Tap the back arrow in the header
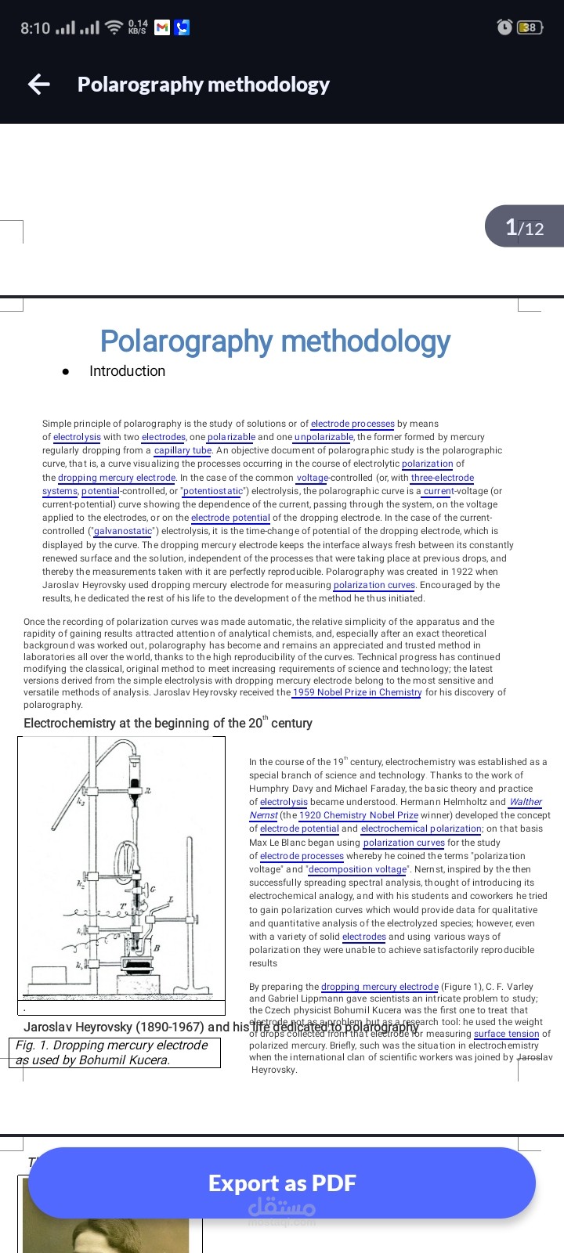pos(38,85)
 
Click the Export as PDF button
pos(282,1183)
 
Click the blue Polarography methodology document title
pos(275,341)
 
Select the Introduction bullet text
pos(127,371)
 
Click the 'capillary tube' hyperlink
pos(183,450)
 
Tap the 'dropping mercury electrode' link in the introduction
pos(117,478)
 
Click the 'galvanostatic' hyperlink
pos(122,531)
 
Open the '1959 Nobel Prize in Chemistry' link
pos(356,692)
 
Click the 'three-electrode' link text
pos(443,478)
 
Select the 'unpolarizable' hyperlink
pos(324,437)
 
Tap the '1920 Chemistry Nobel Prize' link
pos(358,815)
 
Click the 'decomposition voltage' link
pos(358,869)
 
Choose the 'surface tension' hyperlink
pos(506,1034)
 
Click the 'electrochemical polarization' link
pos(421,829)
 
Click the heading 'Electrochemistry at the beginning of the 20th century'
pos(168,723)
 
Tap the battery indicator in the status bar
pos(530,27)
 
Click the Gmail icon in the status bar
pos(162,27)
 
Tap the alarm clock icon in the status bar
pos(504,27)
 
